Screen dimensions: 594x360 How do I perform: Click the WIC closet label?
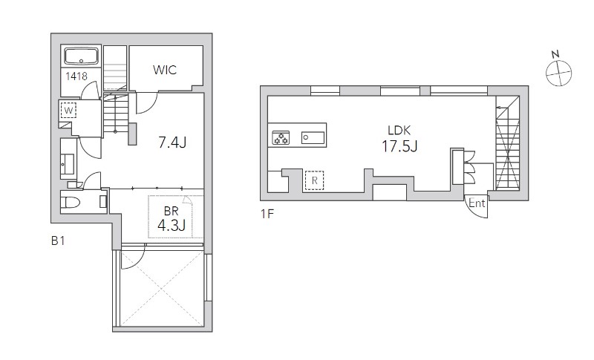click(165, 70)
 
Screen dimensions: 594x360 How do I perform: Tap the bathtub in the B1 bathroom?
click(82, 56)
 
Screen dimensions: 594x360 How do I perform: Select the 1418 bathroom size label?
click(76, 76)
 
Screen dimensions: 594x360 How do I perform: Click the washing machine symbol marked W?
click(68, 111)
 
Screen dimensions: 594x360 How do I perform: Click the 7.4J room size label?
click(172, 143)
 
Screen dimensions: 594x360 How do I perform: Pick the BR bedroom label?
click(172, 211)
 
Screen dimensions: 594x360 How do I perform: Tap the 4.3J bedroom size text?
click(172, 226)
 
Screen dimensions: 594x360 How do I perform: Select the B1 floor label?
click(58, 240)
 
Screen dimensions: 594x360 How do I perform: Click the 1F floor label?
click(267, 214)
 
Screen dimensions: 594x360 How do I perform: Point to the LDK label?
click(399, 131)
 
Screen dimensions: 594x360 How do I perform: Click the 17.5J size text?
click(399, 145)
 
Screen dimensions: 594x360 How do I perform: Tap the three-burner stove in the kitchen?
click(281, 137)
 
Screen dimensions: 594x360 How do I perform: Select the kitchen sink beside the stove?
click(313, 138)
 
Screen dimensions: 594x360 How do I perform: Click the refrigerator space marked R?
click(314, 180)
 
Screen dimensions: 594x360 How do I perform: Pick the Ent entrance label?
click(477, 203)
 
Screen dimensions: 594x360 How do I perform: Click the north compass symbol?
click(559, 73)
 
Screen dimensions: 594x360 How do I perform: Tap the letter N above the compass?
click(555, 54)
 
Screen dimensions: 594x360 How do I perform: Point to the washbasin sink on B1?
click(69, 163)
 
